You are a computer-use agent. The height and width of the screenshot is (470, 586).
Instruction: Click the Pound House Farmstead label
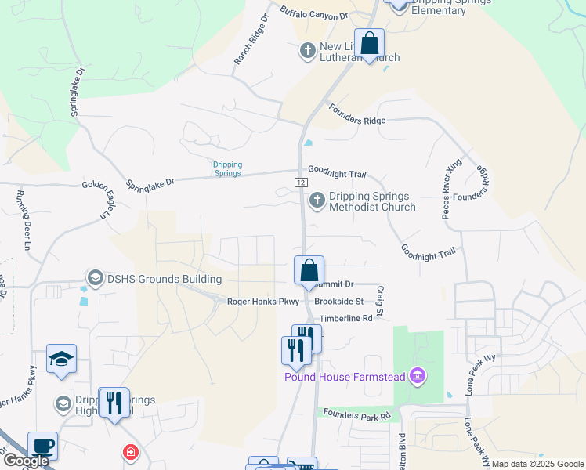[344, 378]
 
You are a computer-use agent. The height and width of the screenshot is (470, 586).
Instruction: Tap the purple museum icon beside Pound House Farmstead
[418, 377]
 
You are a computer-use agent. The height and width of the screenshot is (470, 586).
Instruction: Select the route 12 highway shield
[300, 182]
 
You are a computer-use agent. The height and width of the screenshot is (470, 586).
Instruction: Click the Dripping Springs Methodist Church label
[371, 202]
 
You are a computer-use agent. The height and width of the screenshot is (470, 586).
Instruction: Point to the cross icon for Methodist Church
[317, 201]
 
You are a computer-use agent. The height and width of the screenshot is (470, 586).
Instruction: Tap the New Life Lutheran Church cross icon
[308, 52]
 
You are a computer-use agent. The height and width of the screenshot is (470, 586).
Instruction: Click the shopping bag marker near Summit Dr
[309, 270]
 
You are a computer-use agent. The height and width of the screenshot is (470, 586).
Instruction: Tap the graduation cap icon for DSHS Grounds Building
[96, 278]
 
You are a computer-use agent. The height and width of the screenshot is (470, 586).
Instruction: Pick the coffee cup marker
[42, 446]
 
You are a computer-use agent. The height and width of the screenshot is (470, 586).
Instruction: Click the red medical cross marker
[130, 453]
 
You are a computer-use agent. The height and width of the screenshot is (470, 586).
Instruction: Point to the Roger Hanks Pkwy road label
[263, 302]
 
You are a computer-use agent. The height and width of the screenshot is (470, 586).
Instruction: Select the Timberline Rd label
[345, 319]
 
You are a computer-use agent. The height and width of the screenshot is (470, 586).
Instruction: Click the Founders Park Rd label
[356, 416]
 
